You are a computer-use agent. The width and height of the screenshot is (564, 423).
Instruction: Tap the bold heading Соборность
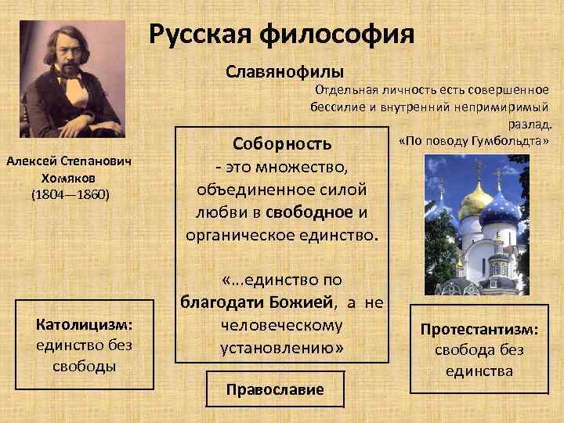(282, 144)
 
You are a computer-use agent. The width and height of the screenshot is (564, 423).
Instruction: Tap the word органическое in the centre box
(235, 234)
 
